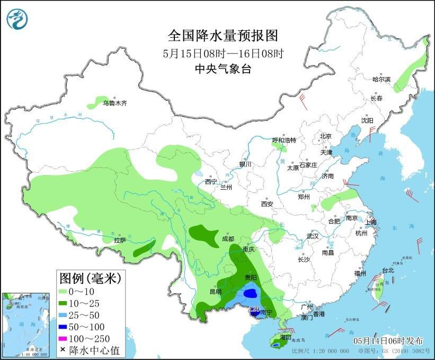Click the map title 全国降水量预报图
(223, 36)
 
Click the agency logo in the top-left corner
(17, 19)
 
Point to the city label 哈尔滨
(381, 80)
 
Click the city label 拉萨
(120, 240)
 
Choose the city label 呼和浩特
(284, 140)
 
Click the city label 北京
(325, 136)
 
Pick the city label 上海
(371, 222)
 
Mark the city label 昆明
(215, 292)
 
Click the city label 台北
(388, 270)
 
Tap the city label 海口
(286, 337)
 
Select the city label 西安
(267, 204)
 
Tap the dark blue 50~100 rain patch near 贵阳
(251, 292)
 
